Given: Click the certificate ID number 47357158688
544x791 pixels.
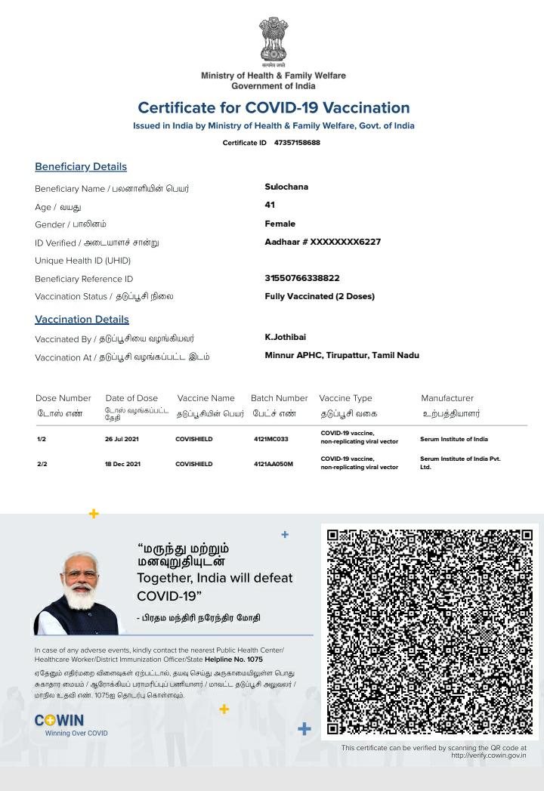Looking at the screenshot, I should coord(297,143).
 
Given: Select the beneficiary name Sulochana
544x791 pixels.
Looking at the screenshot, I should coord(286,187).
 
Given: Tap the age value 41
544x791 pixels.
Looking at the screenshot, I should coord(270,205).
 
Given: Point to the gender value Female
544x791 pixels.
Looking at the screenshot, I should coord(280,224).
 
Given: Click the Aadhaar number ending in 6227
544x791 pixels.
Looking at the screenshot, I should coord(323,242).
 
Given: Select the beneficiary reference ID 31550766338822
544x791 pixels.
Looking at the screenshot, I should coord(302,278).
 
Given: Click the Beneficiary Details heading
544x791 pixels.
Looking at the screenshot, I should coord(81,166).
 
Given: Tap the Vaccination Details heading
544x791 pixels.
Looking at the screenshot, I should coord(82,319).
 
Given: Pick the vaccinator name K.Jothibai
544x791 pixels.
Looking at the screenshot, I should coord(286,337).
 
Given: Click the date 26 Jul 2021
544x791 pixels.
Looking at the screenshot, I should coord(122,439).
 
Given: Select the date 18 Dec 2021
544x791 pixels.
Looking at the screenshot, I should coord(122,464).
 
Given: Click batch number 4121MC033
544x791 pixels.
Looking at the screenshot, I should coord(271,439).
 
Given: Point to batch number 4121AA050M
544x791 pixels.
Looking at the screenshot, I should coord(274,464).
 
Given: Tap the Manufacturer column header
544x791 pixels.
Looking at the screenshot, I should coord(447,398).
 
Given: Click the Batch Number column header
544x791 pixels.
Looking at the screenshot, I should coord(280,398).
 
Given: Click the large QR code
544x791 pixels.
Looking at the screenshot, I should coord(429,632).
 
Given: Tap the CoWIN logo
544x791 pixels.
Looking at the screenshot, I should coord(60,721).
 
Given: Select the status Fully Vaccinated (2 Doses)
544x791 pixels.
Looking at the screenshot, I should coord(320,296).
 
